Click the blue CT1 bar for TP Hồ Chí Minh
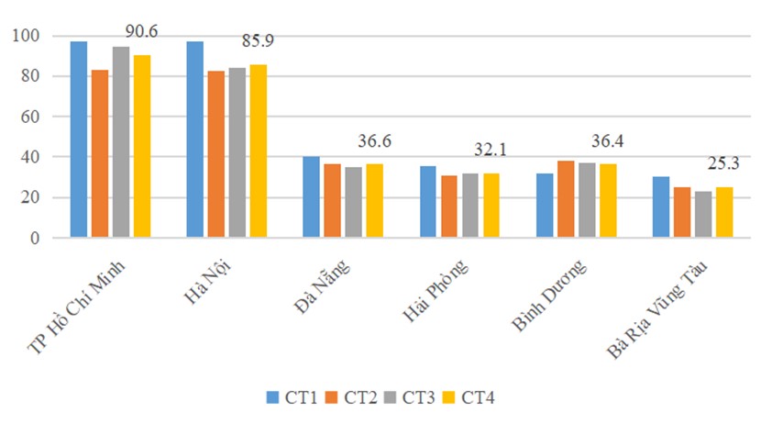pyautogui.click(x=79, y=139)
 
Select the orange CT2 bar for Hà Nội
pyautogui.click(x=216, y=154)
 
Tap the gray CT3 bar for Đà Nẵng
pyautogui.click(x=354, y=202)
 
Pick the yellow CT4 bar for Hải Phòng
pyautogui.click(x=491, y=206)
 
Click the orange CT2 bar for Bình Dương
pyautogui.click(x=566, y=199)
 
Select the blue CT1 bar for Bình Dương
pyautogui.click(x=545, y=206)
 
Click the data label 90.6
pyautogui.click(x=141, y=31)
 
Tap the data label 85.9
pyautogui.click(x=258, y=41)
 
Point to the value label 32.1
pyautogui.click(x=491, y=150)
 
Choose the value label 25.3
pyautogui.click(x=723, y=163)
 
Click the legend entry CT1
pyautogui.click(x=292, y=397)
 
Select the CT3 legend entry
pyautogui.click(x=410, y=397)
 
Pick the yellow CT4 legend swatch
pyautogui.click(x=449, y=397)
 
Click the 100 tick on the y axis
pyautogui.click(x=26, y=36)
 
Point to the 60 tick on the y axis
pyautogui.click(x=30, y=117)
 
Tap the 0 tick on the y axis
pyautogui.click(x=35, y=238)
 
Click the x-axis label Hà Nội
pyautogui.click(x=207, y=283)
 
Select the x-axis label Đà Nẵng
pyautogui.click(x=323, y=286)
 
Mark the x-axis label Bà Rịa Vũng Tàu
pyautogui.click(x=656, y=308)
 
